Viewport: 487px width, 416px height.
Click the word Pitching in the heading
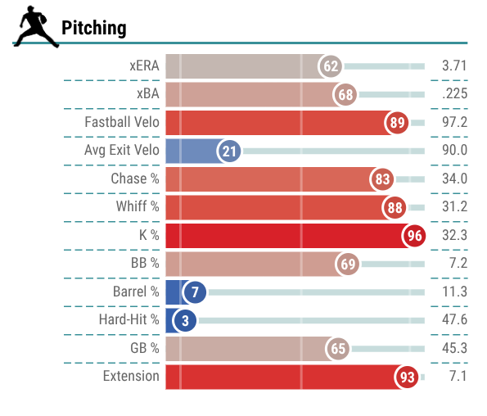click(x=94, y=29)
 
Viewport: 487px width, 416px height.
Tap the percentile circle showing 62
click(x=330, y=66)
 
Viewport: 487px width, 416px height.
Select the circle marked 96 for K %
click(x=414, y=236)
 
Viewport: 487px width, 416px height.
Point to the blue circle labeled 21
click(x=229, y=151)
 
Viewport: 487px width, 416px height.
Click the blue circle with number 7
click(x=195, y=292)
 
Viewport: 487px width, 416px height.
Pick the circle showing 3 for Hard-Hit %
click(x=185, y=321)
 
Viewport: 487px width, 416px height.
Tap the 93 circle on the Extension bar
click(x=407, y=378)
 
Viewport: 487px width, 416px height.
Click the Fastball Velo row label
click(x=122, y=122)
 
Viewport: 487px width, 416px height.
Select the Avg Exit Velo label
click(x=122, y=150)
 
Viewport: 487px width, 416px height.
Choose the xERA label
click(x=144, y=66)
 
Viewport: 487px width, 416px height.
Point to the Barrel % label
click(x=136, y=292)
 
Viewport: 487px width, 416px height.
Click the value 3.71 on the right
click(x=454, y=66)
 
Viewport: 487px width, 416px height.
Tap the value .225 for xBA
click(x=455, y=93)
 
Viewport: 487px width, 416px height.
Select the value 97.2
click(x=455, y=122)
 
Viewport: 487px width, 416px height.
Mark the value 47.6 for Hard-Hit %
click(x=455, y=319)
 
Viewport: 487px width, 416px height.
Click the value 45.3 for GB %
click(x=455, y=348)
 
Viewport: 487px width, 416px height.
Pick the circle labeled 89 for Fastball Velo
click(x=397, y=123)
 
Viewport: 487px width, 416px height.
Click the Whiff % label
click(x=138, y=206)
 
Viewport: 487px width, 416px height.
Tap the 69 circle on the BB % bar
click(x=348, y=264)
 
